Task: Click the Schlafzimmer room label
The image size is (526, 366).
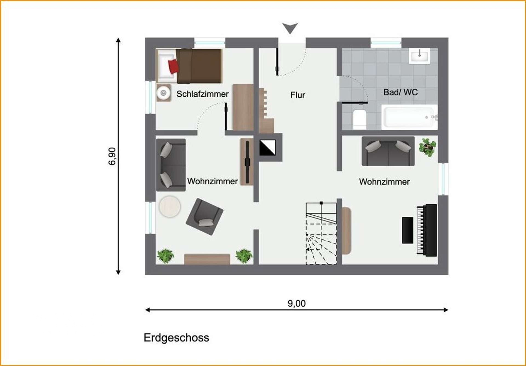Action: click(x=202, y=94)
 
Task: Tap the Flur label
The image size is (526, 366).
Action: click(x=298, y=95)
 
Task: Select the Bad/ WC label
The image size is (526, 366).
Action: click(x=401, y=92)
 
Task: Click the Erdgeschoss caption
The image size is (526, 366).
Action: click(x=176, y=338)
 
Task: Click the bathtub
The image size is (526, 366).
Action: click(x=410, y=117)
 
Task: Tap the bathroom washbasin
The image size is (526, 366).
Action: click(x=419, y=56)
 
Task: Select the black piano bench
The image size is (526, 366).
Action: click(x=408, y=230)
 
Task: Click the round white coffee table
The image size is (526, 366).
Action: click(x=170, y=207)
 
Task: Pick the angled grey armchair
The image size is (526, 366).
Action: click(x=204, y=217)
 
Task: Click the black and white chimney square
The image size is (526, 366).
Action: click(x=267, y=148)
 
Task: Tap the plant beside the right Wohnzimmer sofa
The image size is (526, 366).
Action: click(x=427, y=147)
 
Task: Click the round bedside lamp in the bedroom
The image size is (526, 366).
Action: click(x=164, y=93)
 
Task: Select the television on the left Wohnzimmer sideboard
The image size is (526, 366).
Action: click(x=247, y=162)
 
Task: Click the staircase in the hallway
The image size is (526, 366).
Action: click(x=321, y=234)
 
